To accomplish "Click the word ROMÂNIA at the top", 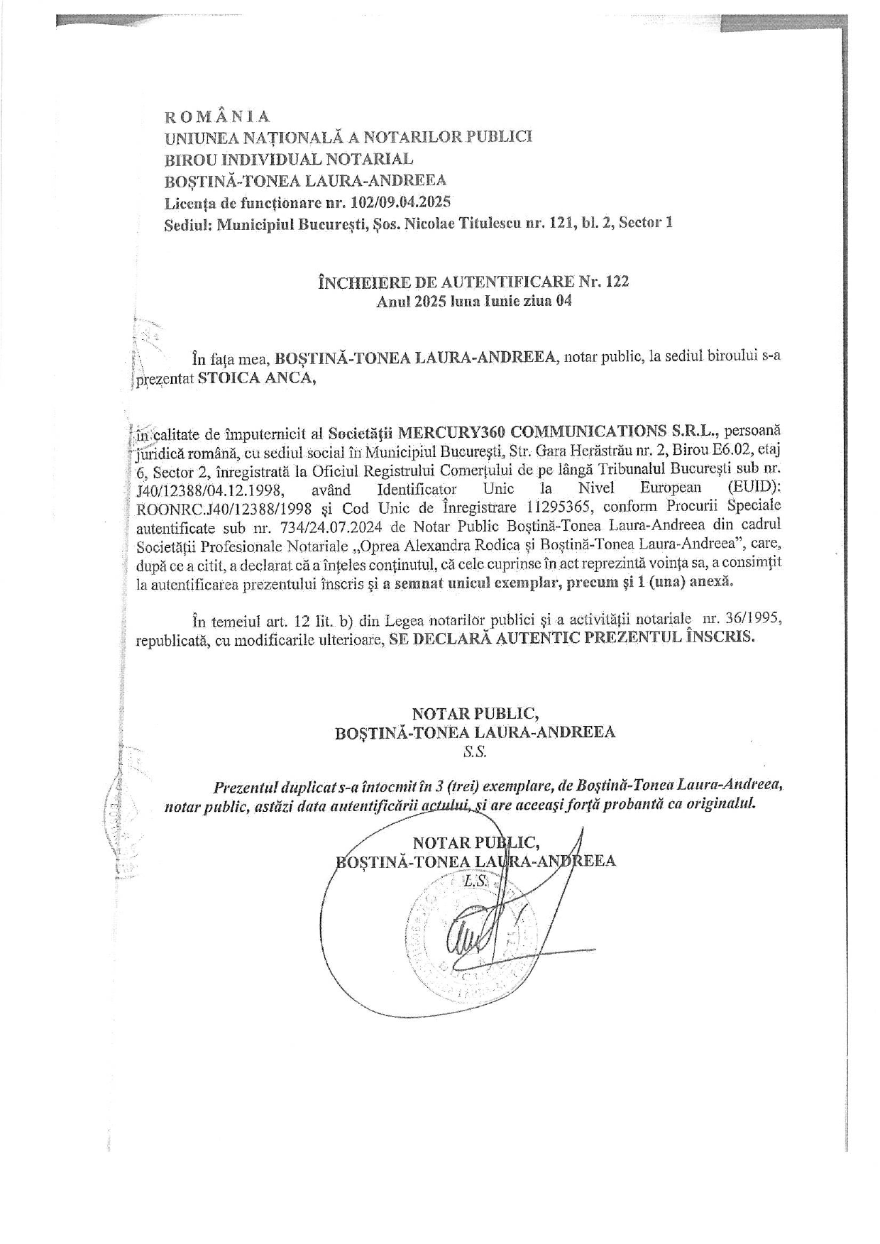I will pos(217,116).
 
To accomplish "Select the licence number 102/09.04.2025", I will pos(401,202).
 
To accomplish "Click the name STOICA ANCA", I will pos(254,378).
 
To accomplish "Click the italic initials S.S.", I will pos(475,752).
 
